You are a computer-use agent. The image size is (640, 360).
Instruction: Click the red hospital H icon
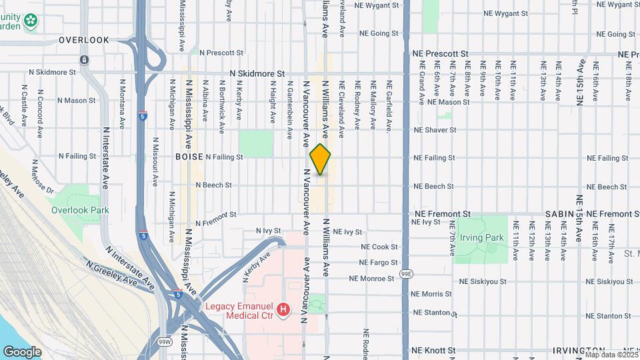click(x=284, y=309)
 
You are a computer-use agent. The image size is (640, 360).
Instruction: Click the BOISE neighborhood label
click(x=189, y=157)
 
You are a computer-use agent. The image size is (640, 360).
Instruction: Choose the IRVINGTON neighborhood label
click(x=578, y=351)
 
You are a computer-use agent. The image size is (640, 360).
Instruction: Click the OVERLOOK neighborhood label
click(x=83, y=40)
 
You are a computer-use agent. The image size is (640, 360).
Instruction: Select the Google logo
click(x=21, y=352)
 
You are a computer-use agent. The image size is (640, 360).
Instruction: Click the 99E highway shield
click(x=406, y=274)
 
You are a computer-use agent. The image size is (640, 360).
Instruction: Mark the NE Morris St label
click(x=432, y=294)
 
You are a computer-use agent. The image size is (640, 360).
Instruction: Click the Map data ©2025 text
click(x=610, y=355)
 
